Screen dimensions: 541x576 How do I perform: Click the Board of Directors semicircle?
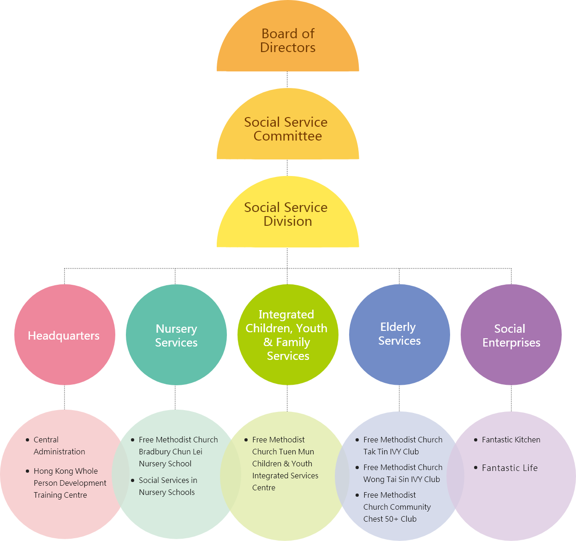pyautogui.click(x=288, y=41)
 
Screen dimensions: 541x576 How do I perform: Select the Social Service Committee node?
pyautogui.click(x=288, y=129)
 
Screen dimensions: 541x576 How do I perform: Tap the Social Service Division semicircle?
pyautogui.click(x=288, y=214)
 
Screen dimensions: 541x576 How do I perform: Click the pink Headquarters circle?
pyautogui.click(x=64, y=335)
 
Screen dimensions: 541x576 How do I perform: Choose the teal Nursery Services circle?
pyautogui.click(x=176, y=335)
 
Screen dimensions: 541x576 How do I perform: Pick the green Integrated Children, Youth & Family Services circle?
pyautogui.click(x=288, y=335)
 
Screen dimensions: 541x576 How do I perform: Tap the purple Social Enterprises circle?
pyautogui.click(x=511, y=335)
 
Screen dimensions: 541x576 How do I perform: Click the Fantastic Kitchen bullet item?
pyautogui.click(x=511, y=440)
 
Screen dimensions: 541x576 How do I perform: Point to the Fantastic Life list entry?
pyautogui.click(x=510, y=468)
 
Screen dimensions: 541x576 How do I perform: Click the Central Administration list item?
pyautogui.click(x=59, y=446)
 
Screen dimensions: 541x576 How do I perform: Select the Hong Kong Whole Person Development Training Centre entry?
pyautogui.click(x=70, y=483)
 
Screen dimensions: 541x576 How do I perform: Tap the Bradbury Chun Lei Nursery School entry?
pyautogui.click(x=178, y=452)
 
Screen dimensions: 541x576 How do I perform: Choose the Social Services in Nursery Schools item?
pyautogui.click(x=168, y=486)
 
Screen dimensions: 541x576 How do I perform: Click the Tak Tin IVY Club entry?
pyautogui.click(x=403, y=446)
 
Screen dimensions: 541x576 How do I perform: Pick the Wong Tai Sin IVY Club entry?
pyautogui.click(x=403, y=473)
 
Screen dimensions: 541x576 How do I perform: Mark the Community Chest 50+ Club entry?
pyautogui.click(x=397, y=507)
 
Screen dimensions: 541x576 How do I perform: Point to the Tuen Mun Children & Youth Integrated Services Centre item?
pyautogui.click(x=285, y=464)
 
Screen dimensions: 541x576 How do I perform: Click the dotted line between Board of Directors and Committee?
pyautogui.click(x=287, y=79)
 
